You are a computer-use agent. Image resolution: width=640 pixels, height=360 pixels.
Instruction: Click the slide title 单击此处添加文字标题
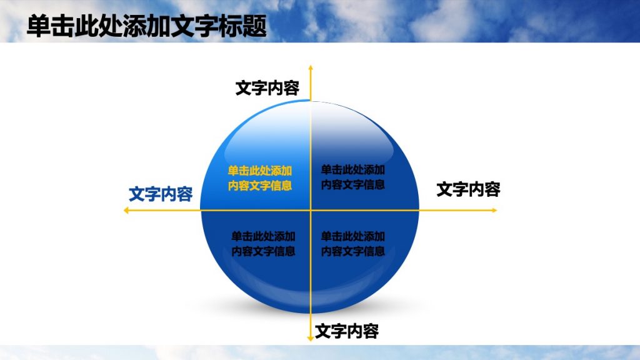pyautogui.click(x=147, y=27)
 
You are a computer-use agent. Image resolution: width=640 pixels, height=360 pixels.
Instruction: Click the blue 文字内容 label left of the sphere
pyautogui.click(x=161, y=194)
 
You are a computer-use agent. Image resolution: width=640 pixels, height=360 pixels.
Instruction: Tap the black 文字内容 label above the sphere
pyautogui.click(x=267, y=88)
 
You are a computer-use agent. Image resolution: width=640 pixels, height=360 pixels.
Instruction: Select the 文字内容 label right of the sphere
pyautogui.click(x=468, y=189)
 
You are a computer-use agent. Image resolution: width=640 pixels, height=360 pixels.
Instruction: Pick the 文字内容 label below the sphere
pyautogui.click(x=347, y=331)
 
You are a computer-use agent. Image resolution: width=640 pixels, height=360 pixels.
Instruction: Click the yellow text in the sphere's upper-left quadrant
pyautogui.click(x=260, y=178)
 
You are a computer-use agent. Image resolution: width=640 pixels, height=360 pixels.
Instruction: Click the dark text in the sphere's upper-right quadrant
pyautogui.click(x=352, y=177)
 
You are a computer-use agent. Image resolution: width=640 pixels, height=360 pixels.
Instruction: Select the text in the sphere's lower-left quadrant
pyautogui.click(x=263, y=244)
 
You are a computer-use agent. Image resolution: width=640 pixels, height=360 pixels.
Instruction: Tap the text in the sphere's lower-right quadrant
pyautogui.click(x=352, y=244)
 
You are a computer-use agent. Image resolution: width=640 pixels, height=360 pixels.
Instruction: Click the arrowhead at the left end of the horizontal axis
pyautogui.click(x=126, y=211)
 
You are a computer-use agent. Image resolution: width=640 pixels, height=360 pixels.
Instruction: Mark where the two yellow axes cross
pyautogui.click(x=310, y=211)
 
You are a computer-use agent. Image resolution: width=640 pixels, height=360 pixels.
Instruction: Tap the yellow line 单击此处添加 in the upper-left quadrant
pyautogui.click(x=260, y=171)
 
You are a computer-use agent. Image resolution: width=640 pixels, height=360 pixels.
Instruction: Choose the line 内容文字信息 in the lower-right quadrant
pyautogui.click(x=352, y=251)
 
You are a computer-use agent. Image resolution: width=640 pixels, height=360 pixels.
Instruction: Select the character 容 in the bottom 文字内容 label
pyautogui.click(x=371, y=331)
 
